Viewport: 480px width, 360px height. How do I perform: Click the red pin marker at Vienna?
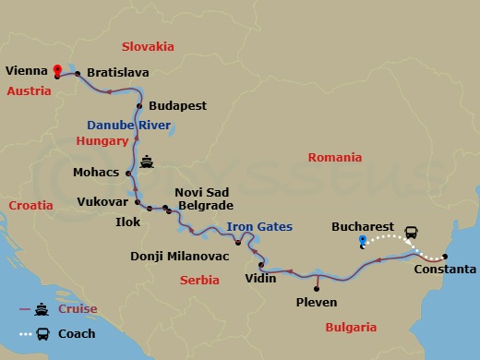click(57, 69)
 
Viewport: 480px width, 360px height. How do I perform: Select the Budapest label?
click(176, 105)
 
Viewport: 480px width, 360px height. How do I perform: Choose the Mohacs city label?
click(97, 172)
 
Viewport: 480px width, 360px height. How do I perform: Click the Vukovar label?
click(102, 200)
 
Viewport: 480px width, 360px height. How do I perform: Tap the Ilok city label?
click(128, 222)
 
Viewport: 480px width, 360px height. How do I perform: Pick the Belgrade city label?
click(204, 206)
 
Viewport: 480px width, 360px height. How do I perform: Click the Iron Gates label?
click(259, 226)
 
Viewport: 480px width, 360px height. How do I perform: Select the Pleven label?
click(316, 301)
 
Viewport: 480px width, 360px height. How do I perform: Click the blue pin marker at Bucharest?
click(363, 242)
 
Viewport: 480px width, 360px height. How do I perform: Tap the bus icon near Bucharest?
click(411, 233)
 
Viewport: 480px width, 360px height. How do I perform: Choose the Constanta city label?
click(446, 270)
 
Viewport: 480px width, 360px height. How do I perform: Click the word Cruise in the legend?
click(78, 309)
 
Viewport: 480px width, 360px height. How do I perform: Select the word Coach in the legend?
click(76, 333)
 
